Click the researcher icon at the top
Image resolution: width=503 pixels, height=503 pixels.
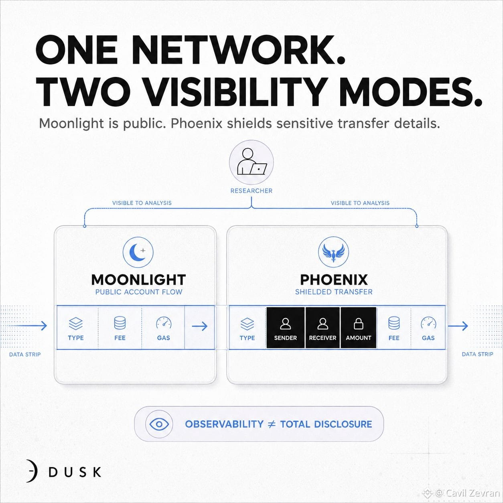(x=251, y=162)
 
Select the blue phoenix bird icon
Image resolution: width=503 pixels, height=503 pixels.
(x=333, y=252)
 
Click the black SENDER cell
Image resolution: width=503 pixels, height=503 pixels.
(x=285, y=328)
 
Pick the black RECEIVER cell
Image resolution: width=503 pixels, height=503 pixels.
(x=322, y=328)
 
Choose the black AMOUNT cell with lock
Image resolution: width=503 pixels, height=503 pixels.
(x=358, y=328)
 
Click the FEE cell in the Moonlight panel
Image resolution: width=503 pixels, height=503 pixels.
(x=120, y=328)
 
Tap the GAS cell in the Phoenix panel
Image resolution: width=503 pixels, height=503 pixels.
(x=428, y=328)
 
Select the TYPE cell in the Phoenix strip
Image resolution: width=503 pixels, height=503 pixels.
(x=247, y=328)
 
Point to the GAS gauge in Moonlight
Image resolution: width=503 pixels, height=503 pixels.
(x=164, y=323)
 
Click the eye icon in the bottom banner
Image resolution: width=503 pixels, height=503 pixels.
(x=159, y=424)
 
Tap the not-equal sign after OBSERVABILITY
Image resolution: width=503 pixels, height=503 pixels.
(x=272, y=424)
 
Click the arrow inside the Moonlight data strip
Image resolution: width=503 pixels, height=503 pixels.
(x=200, y=326)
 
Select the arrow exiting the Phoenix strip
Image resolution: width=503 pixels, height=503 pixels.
(x=458, y=326)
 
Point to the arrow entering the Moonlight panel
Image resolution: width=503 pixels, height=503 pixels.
(x=28, y=325)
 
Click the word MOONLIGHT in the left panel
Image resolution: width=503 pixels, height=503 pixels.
(x=138, y=280)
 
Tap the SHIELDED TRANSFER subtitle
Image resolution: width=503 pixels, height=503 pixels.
(x=334, y=292)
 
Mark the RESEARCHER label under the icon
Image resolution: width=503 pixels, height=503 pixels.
(x=251, y=191)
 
